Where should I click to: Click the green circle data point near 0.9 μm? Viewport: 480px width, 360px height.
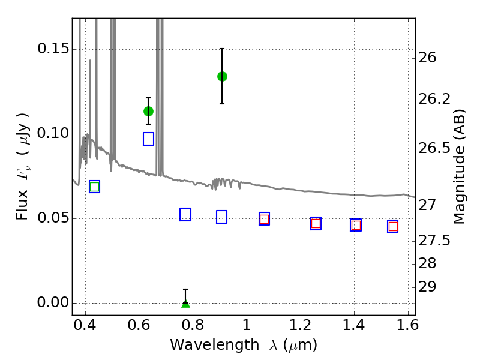click(x=222, y=77)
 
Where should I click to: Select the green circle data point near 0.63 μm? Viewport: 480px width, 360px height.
click(x=148, y=111)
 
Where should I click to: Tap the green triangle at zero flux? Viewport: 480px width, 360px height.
click(x=185, y=304)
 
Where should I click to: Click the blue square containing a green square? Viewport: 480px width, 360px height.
click(x=95, y=187)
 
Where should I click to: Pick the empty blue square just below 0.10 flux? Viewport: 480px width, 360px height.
click(x=148, y=139)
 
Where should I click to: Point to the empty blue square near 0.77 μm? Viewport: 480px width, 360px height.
click(x=185, y=214)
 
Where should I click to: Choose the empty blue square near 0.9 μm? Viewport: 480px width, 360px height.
click(x=221, y=217)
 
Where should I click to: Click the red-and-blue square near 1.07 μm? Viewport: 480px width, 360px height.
click(x=264, y=219)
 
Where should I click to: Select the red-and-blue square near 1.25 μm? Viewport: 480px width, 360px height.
click(x=316, y=223)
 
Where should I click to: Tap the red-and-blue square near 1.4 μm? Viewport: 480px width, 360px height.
click(x=356, y=226)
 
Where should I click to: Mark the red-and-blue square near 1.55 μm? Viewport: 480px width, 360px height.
click(x=393, y=226)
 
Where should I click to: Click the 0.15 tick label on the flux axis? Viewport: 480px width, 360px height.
click(x=53, y=49)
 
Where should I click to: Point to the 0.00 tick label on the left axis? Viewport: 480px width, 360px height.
click(x=53, y=303)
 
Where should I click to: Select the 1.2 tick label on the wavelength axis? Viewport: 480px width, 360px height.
click(x=301, y=325)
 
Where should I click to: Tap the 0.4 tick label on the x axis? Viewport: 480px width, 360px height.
click(x=85, y=325)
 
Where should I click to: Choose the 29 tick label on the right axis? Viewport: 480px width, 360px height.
click(x=427, y=287)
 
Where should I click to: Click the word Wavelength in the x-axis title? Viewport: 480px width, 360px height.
click(x=215, y=346)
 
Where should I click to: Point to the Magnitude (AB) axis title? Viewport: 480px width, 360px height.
click(x=459, y=167)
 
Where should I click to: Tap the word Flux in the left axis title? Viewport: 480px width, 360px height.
click(x=22, y=205)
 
